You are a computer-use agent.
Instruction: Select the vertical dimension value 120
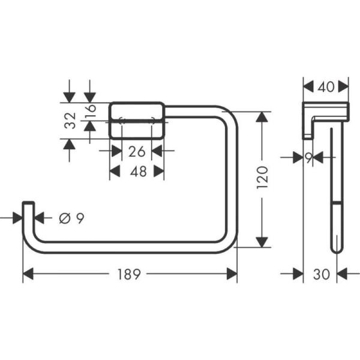click(262, 178)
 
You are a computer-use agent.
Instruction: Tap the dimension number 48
click(137, 172)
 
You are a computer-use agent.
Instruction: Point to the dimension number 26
click(137, 151)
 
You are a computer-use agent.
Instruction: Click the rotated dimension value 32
click(70, 121)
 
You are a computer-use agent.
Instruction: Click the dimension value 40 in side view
click(326, 86)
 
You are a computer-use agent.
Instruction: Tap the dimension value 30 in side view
click(322, 274)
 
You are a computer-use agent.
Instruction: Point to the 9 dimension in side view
click(308, 157)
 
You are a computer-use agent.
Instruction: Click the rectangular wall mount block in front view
click(137, 121)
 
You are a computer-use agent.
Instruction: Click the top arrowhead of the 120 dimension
click(262, 117)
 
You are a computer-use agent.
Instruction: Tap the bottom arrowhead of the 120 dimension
click(262, 241)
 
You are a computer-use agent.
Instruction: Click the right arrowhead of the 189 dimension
click(232, 274)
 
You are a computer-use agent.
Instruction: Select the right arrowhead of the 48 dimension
click(159, 172)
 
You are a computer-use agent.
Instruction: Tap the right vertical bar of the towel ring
click(232, 180)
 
